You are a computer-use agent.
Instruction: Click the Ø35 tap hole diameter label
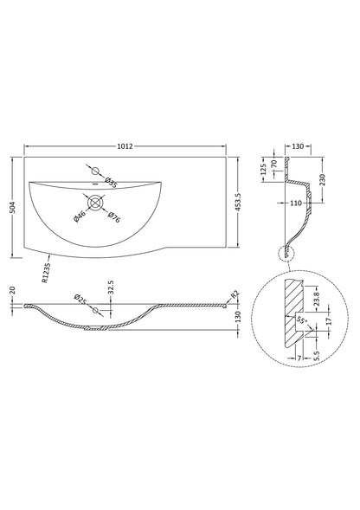coord(112,182)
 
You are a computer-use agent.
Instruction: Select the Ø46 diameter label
coord(80,216)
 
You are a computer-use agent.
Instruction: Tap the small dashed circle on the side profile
coord(283,253)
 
